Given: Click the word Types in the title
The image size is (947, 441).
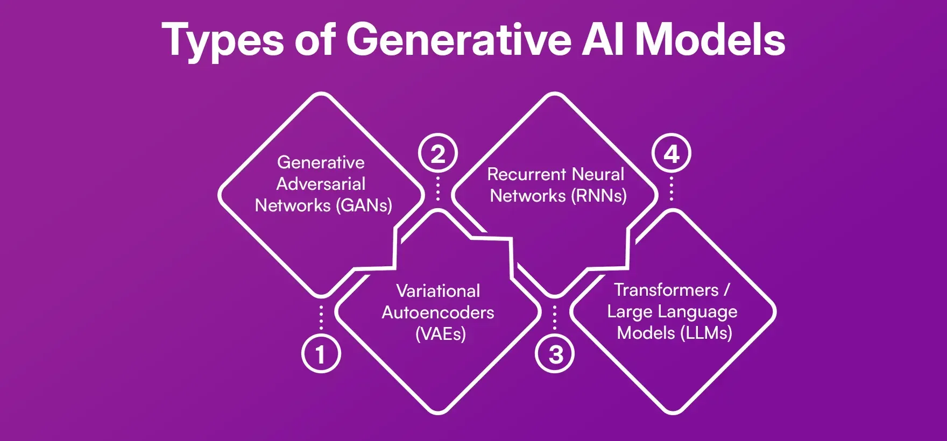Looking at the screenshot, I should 222,41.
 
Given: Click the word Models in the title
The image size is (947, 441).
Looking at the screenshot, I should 710,40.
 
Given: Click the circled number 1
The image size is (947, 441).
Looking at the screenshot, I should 321,354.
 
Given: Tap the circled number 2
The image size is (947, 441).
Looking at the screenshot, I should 438,155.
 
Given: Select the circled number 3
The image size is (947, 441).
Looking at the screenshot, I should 555,354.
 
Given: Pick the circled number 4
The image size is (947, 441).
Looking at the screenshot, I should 672,155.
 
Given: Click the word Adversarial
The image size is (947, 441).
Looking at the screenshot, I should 321,184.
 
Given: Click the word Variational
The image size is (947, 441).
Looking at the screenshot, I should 438,291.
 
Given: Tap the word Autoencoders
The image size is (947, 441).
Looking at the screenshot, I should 438,312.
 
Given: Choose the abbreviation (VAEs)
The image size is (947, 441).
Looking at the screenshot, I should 440,334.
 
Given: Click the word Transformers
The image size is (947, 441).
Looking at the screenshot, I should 666,290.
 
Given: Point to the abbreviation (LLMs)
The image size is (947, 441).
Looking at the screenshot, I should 706,333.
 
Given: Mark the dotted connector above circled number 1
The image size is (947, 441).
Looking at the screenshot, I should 321,317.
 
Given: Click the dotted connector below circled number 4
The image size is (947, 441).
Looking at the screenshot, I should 672,188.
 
